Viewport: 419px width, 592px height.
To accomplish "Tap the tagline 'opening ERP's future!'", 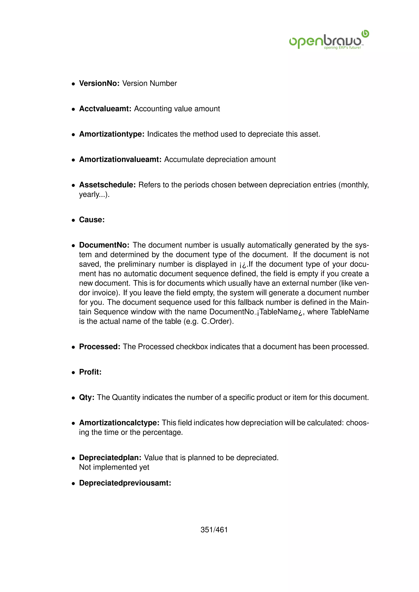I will point(342,48).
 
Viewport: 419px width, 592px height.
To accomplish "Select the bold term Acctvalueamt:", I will point(105,109).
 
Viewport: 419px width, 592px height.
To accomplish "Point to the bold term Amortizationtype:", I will point(112,134).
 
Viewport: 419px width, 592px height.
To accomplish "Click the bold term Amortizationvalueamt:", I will point(120,159).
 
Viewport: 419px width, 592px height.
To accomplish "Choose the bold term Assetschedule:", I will point(107,185).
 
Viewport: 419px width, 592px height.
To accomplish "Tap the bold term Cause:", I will point(92,220).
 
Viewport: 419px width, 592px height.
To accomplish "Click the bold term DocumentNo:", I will point(104,245).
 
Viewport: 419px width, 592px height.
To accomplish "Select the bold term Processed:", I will point(100,346).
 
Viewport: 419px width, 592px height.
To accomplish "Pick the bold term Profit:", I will point(90,372).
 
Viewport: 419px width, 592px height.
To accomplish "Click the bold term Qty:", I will point(87,397).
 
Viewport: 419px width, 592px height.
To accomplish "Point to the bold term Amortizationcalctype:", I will point(119,423).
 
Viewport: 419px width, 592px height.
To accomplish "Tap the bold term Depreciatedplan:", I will point(110,458).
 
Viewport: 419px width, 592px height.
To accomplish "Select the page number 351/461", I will point(214,530).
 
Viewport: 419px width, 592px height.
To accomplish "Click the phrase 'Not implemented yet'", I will point(114,467).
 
